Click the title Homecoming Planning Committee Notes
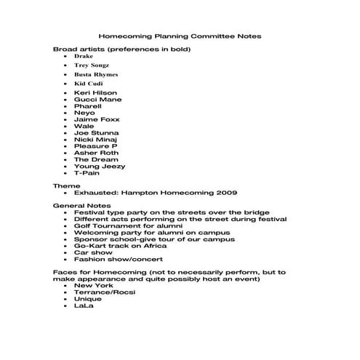[x=180, y=35]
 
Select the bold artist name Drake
[x=84, y=56]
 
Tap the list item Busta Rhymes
[x=95, y=74]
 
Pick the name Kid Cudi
[x=89, y=84]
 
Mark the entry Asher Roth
[x=95, y=153]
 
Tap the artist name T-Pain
[x=87, y=173]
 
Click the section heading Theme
[x=67, y=186]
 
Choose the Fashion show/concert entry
[x=118, y=260]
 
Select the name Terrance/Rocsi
[x=104, y=292]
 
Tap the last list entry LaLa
[x=84, y=305]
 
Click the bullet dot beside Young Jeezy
[x=65, y=167]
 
